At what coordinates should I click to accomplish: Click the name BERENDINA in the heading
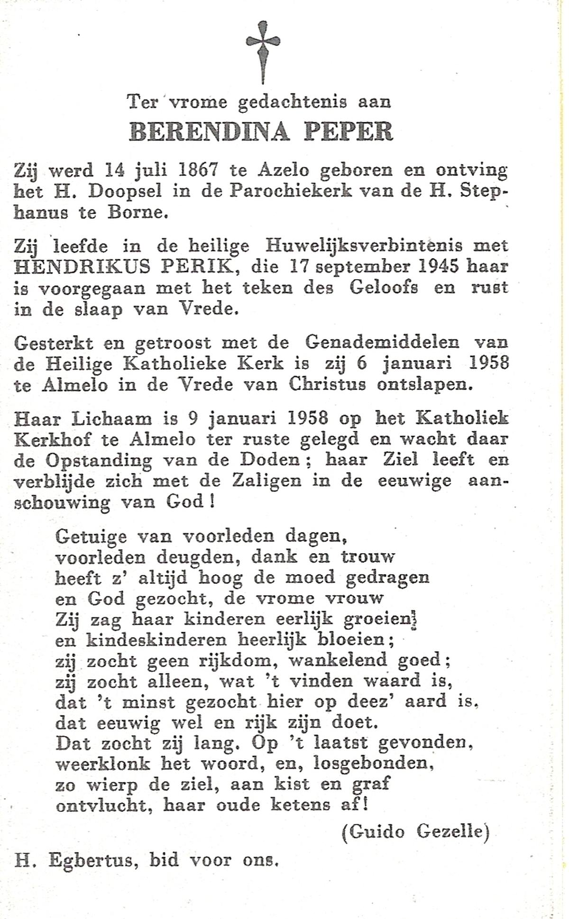click(x=209, y=132)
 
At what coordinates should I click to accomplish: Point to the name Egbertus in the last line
click(x=90, y=859)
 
